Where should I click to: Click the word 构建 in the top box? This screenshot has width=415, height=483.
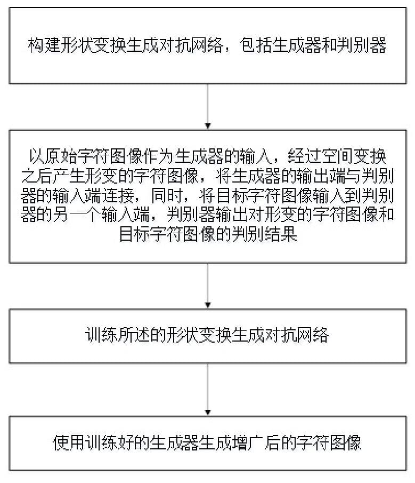point(44,45)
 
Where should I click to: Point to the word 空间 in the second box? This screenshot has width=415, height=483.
point(338,157)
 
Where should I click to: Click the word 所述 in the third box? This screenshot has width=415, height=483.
point(134,336)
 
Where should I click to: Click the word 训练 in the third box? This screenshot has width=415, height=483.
point(101,336)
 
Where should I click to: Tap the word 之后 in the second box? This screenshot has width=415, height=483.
point(37,176)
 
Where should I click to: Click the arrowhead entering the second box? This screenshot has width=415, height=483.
point(208,126)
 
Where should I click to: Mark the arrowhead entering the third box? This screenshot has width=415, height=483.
point(208,306)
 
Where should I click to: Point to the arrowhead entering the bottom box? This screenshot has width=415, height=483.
point(208,413)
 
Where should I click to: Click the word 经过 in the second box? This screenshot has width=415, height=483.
point(305,157)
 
